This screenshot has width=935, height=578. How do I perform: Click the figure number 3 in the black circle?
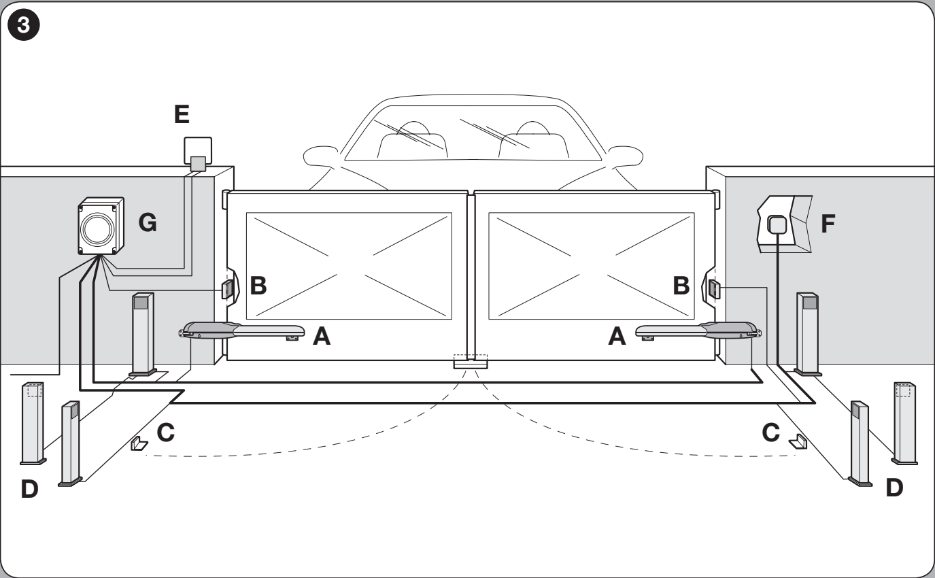coord(24,25)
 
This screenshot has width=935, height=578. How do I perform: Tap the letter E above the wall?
coord(182,114)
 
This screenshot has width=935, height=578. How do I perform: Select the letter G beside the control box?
coord(148,222)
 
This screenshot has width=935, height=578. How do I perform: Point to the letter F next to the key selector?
coord(828,223)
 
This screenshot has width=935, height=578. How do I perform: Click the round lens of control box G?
coord(98,229)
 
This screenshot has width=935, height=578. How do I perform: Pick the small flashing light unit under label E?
coord(198,154)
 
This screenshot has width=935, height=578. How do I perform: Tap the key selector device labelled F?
coord(785,224)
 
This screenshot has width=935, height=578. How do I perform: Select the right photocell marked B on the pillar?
coord(714,289)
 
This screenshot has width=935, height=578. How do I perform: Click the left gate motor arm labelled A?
coord(242,330)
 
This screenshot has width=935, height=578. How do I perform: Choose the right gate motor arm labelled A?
coord(698,330)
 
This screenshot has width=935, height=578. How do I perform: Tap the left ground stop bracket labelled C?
coord(139,443)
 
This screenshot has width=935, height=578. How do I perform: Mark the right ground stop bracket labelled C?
coord(798,441)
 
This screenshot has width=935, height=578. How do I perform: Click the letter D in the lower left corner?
coord(29,489)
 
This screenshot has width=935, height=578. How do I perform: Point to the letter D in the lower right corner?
coord(894,488)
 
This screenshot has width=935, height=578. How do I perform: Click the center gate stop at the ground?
coord(471,362)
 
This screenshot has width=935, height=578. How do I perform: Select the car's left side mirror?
coord(320,156)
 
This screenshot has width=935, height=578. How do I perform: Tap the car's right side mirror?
coord(626,156)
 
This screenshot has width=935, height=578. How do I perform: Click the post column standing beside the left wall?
coord(143,335)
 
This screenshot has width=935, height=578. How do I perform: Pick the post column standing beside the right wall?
coord(808,334)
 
